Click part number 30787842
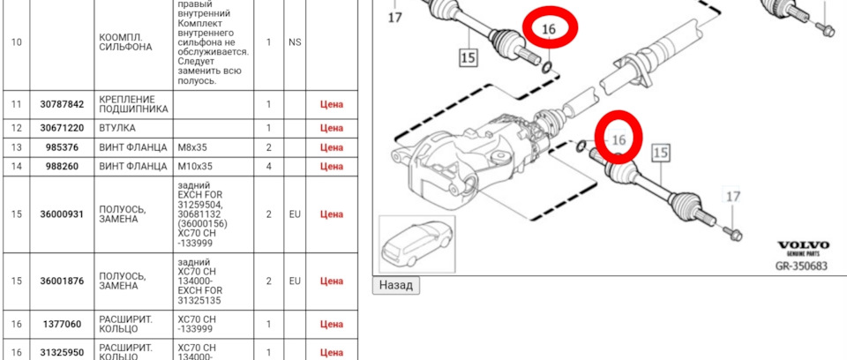pyautogui.click(x=62, y=104)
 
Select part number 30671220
pyautogui.click(x=62, y=128)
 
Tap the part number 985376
pyautogui.click(x=62, y=147)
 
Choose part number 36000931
pyautogui.click(x=62, y=214)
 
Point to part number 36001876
pyautogui.click(x=62, y=281)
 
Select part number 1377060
pyautogui.click(x=62, y=325)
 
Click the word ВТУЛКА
pyautogui.click(x=116, y=128)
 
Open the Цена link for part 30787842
pyautogui.click(x=331, y=104)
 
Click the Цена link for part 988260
pyautogui.click(x=331, y=166)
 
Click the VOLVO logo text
pyautogui.click(x=802, y=245)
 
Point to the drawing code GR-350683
pyautogui.click(x=801, y=265)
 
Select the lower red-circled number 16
pyautogui.click(x=618, y=139)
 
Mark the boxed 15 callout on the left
pyautogui.click(x=468, y=58)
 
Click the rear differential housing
pyautogui.click(x=459, y=159)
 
